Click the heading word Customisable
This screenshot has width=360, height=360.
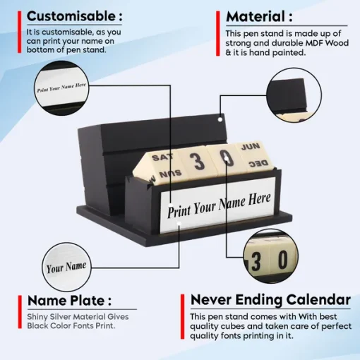pos(71,16)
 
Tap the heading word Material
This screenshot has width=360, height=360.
pos(256,17)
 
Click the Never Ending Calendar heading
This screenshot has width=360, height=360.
pos(270,300)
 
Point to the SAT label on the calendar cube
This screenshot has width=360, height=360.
pos(162,157)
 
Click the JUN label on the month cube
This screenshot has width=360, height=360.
pos(251,147)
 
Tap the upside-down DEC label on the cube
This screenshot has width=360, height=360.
pos(258,163)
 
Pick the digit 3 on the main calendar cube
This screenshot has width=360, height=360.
pos(197,161)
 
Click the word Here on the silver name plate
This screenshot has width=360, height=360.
pos(260,200)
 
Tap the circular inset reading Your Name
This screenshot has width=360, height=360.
pos(66,267)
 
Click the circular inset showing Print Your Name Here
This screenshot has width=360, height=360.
pos(61,88)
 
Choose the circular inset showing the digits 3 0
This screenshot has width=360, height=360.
pos(270,256)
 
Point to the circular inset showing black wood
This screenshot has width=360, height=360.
pos(294,95)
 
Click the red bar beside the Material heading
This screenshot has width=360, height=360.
pos(218,33)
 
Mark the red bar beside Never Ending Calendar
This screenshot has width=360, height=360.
pos(183,316)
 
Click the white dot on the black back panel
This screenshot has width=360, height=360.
pos(220,119)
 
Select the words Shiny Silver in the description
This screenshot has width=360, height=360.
pos(51,317)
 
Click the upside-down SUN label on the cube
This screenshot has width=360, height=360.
pos(171,174)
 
